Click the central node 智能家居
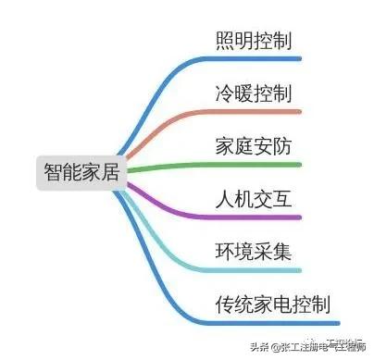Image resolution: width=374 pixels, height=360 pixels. pyautogui.click(x=82, y=171)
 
